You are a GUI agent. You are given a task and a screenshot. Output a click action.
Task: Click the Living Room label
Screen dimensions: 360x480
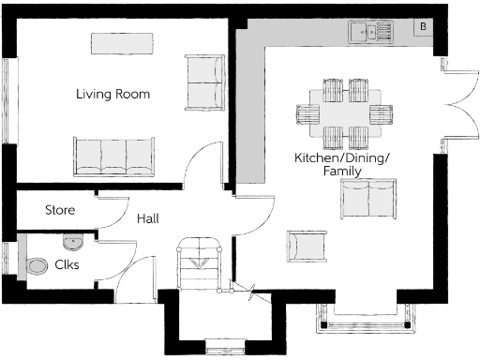click(112, 95)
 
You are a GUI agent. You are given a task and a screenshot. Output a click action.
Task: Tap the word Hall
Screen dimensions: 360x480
click(147, 218)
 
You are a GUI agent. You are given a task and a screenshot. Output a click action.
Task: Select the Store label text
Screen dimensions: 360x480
click(60, 211)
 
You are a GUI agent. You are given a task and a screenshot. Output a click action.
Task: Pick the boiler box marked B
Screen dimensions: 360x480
click(423, 26)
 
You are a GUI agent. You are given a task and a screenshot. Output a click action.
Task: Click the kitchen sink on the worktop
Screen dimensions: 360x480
click(371, 33)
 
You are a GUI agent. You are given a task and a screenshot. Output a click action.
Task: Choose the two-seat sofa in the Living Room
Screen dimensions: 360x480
click(205, 82)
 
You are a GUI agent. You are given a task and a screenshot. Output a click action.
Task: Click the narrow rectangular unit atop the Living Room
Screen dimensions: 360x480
click(121, 43)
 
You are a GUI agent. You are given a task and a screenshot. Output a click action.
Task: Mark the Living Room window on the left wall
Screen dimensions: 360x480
click(10, 104)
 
